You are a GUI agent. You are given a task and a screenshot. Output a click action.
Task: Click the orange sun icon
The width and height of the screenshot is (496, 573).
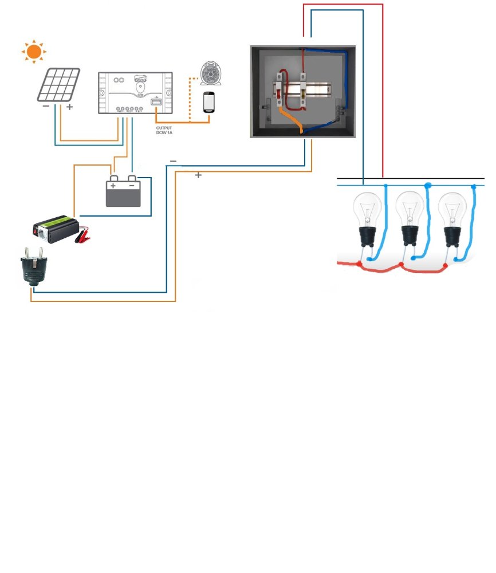33,52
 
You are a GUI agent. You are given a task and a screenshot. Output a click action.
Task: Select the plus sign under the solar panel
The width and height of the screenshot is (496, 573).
69,107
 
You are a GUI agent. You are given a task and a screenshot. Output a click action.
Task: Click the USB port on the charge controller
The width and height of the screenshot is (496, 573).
155,102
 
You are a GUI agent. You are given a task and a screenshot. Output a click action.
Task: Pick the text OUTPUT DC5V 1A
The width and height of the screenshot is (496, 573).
164,130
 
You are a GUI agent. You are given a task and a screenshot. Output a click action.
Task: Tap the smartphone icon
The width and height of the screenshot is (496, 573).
209,102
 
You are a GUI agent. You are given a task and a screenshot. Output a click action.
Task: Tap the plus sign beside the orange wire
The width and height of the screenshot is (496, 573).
198,175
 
